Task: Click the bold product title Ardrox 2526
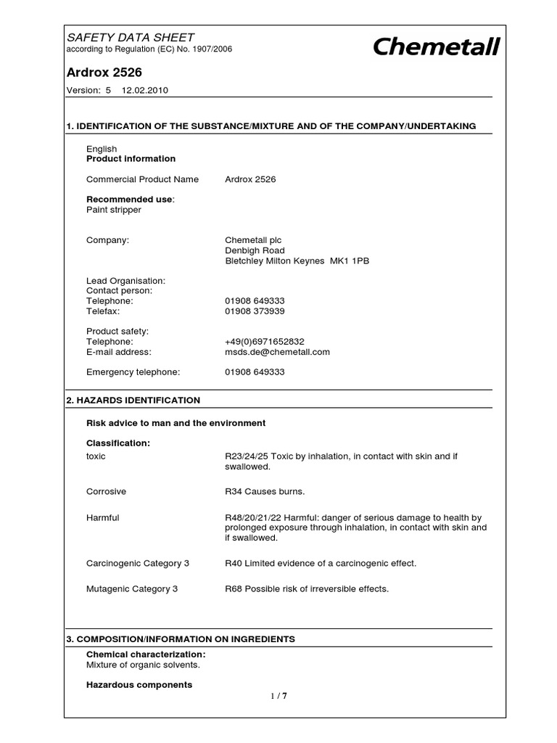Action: pos(104,72)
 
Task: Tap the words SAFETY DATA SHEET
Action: pos(130,37)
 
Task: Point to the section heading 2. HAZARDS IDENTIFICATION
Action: pos(133,400)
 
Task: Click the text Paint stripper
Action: pos(114,210)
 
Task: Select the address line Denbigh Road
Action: pos(255,250)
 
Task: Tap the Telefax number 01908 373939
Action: pos(255,311)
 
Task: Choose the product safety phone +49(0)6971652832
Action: pos(265,341)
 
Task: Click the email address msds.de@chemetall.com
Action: pos(277,352)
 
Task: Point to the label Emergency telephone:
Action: pos(133,371)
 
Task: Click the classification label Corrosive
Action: pos(106,491)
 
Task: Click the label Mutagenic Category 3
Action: pos(132,588)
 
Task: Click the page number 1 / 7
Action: pos(278,696)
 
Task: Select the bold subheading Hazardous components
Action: pos(139,684)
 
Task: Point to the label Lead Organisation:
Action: pos(125,280)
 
